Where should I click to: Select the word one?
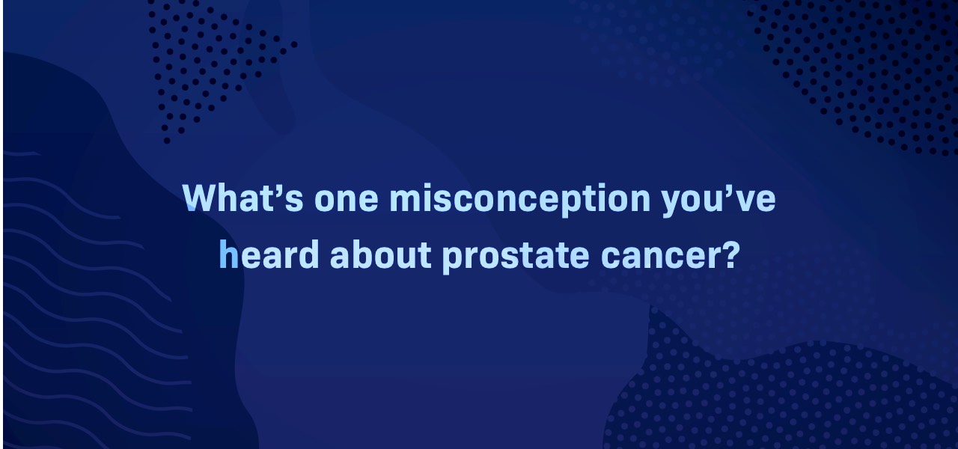click(346, 200)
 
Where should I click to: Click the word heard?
click(269, 254)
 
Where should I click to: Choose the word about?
click(380, 254)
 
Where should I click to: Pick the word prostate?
click(516, 257)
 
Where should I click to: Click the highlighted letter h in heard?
click(228, 254)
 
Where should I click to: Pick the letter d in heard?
click(309, 254)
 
